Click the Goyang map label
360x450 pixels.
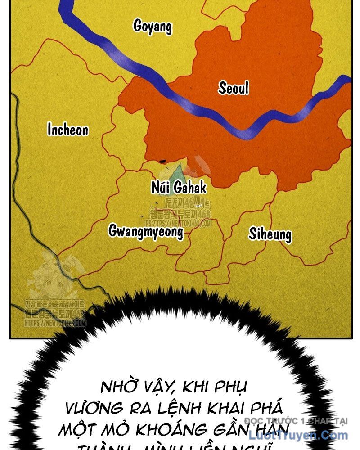[x=153, y=26]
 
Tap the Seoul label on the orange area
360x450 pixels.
[x=234, y=88]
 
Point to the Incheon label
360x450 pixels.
[x=68, y=130]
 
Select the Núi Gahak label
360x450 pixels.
[x=179, y=187]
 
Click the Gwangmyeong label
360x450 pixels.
[x=146, y=231]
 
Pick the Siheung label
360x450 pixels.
[x=270, y=234]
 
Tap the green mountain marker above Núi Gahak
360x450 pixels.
[x=179, y=171]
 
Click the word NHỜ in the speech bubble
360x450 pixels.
[x=118, y=387]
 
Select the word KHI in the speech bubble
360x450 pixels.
[x=197, y=387]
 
